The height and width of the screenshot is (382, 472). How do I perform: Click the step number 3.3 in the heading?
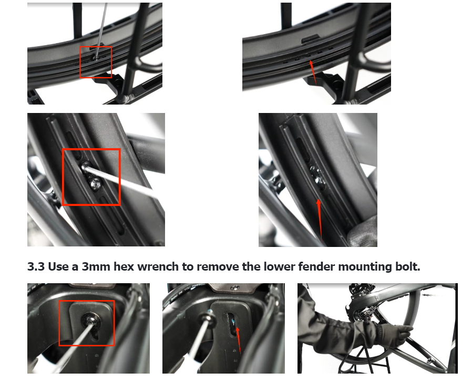36,267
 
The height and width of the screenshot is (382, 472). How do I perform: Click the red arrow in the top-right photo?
313,72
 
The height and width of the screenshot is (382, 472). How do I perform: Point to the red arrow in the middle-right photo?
320,220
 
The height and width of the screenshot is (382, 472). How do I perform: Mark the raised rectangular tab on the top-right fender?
311,38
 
